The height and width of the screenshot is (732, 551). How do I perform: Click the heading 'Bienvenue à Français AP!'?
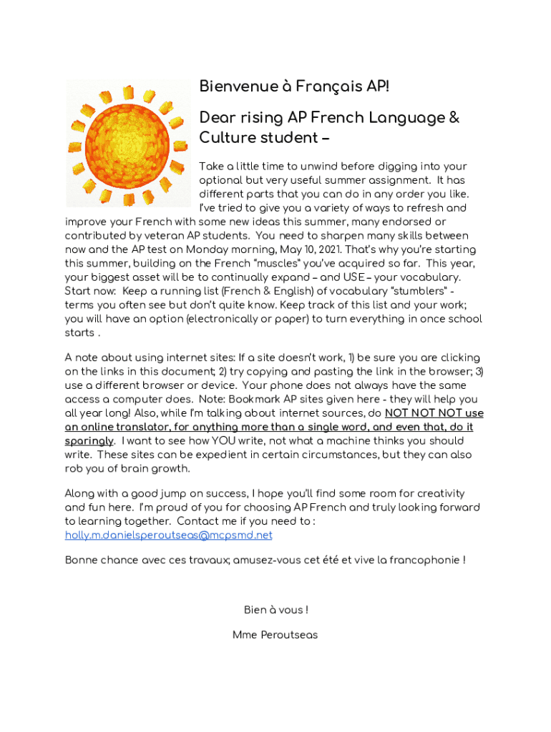[x=294, y=86]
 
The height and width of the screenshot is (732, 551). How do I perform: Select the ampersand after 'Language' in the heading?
[x=453, y=117]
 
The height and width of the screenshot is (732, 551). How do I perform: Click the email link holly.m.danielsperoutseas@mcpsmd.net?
[x=168, y=535]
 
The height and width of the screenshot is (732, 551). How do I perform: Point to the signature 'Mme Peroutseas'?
[x=275, y=635]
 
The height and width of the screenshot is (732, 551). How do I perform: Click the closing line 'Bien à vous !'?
[x=275, y=610]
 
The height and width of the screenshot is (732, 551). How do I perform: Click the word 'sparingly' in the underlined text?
[x=89, y=441]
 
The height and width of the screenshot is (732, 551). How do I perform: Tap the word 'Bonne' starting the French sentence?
[x=82, y=560]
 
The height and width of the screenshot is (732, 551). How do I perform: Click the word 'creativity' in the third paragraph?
[x=439, y=493]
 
